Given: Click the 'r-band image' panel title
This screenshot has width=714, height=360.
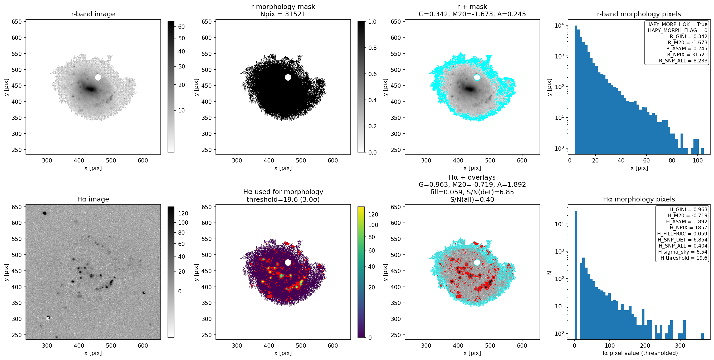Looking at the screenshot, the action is pos(93,14).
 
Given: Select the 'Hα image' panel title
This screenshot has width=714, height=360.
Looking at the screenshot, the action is pos(93,199).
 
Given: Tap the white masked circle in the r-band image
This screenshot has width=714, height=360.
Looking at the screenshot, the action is pos(98,77).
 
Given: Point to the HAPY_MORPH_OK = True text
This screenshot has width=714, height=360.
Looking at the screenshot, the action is pos(677,24).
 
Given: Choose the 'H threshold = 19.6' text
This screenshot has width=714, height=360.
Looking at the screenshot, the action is pos(684,258).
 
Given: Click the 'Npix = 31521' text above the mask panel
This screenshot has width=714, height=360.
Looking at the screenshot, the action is pos(283,14).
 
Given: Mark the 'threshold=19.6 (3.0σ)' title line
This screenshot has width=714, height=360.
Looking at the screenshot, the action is pos(283,199).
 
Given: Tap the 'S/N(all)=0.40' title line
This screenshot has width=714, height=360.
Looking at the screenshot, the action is pos(472,199).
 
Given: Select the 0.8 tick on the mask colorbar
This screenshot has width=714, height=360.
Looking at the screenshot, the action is pos(372,48).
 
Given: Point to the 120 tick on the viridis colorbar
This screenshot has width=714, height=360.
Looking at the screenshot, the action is pos(373,214).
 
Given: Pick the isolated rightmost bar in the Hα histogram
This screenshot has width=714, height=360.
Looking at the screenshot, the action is pos(702,336).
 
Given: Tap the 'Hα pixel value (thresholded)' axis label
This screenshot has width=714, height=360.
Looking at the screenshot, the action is pos(639,353).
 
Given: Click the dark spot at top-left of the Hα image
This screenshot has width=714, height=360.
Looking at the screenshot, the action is pos(44,213).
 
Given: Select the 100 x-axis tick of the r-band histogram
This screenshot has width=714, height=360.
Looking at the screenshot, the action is pos(698,160).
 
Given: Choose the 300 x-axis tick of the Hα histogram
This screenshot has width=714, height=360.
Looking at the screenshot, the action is pos(680,345).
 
